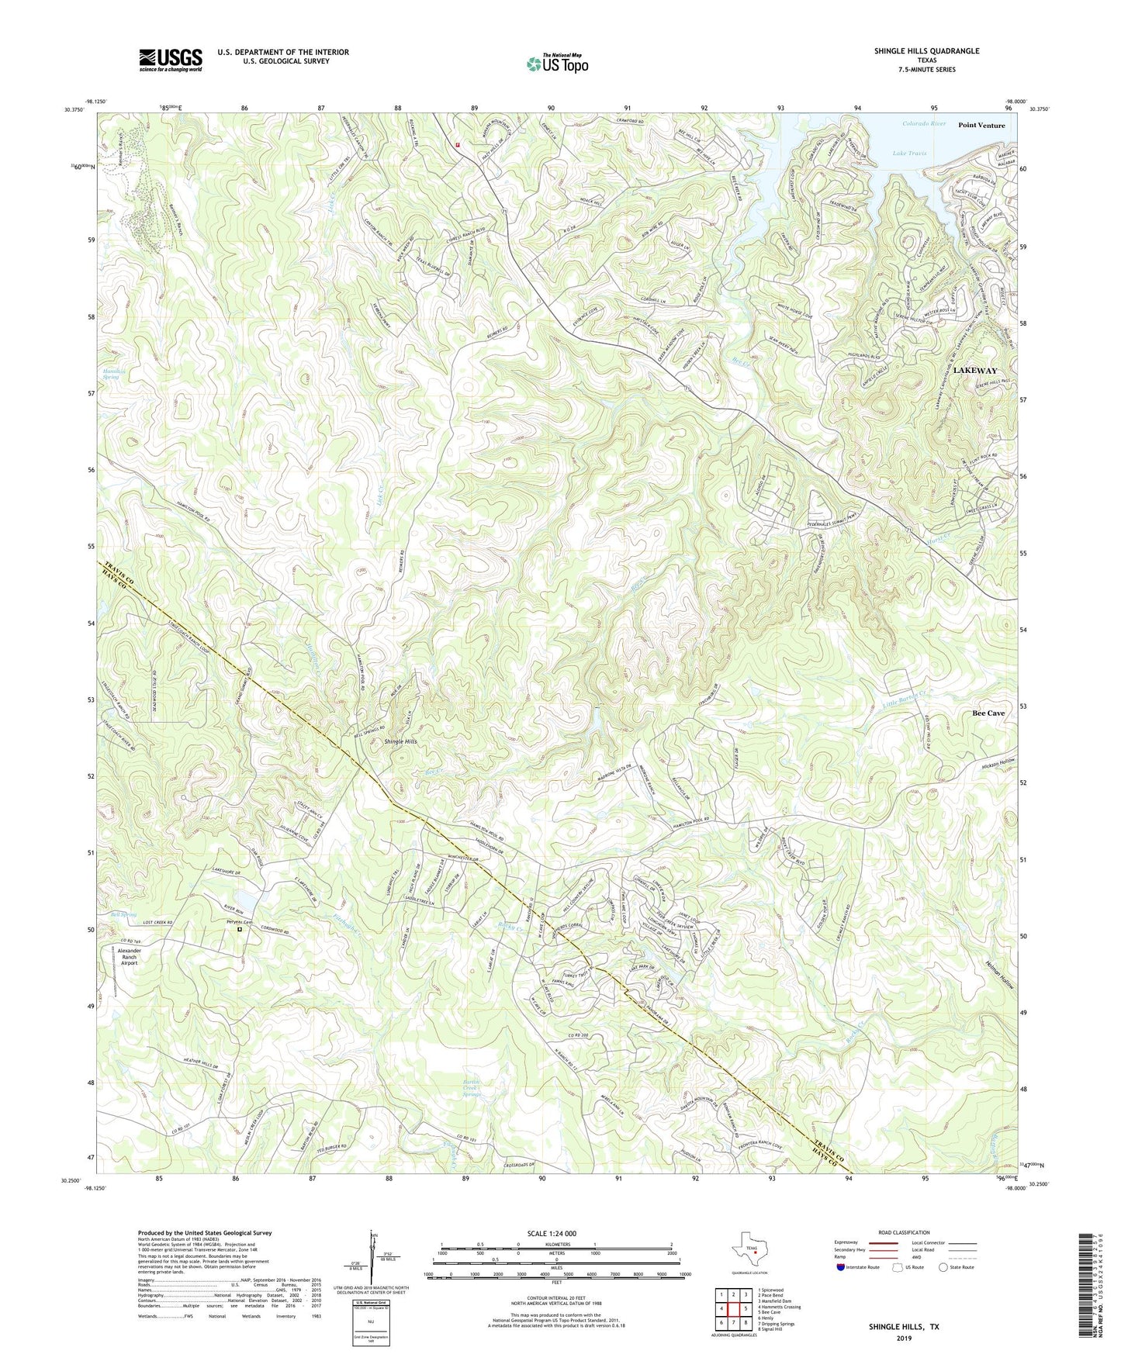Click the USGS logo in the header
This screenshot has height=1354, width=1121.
(170, 60)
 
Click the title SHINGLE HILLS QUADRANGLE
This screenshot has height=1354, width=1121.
(915, 51)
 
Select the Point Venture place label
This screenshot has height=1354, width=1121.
(981, 125)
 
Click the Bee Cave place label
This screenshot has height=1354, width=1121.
(988, 713)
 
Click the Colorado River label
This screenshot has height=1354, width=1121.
(924, 123)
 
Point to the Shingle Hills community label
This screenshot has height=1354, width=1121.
(400, 741)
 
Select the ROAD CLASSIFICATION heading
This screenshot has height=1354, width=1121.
(903, 1232)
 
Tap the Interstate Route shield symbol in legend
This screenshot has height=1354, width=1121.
(842, 1267)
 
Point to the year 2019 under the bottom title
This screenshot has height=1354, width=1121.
(903, 1338)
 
